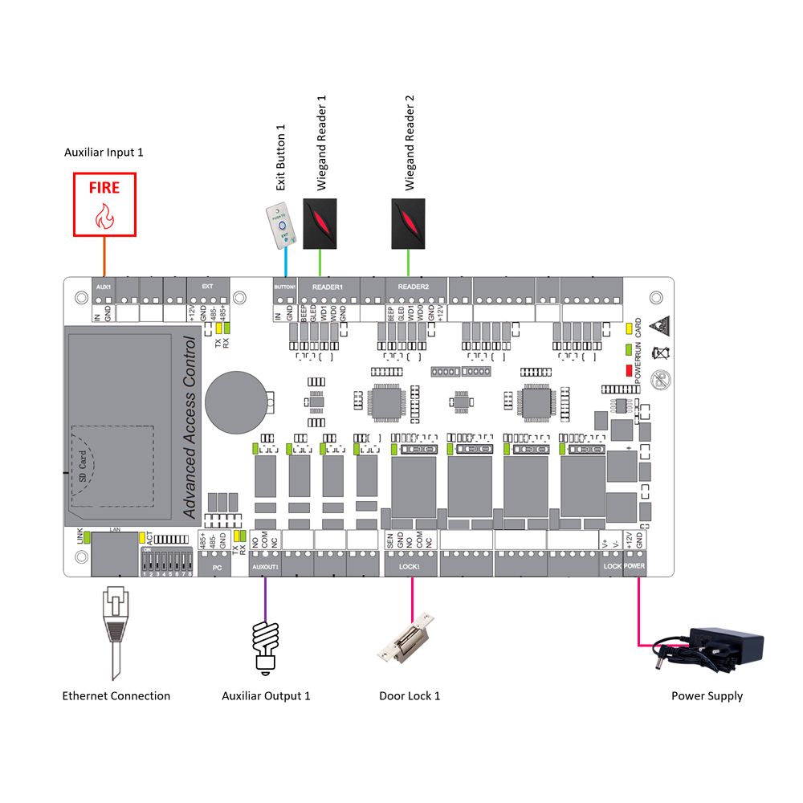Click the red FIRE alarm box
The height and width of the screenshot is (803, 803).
[x=104, y=204]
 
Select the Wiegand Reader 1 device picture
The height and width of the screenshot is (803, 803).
[x=321, y=222]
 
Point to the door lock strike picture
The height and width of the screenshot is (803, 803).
[x=408, y=639]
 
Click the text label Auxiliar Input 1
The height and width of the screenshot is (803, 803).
[x=104, y=151]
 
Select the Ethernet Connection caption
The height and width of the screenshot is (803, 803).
[x=116, y=696]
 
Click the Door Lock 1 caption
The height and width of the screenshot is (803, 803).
[x=410, y=696]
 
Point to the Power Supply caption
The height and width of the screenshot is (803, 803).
[x=707, y=696]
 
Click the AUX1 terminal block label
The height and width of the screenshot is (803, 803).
[x=103, y=287]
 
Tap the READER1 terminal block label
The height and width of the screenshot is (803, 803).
[x=327, y=287]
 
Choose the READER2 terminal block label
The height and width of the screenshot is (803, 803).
[x=414, y=287]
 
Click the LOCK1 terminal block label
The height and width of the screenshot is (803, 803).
[x=409, y=566]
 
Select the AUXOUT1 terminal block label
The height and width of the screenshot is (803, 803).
[x=265, y=566]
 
